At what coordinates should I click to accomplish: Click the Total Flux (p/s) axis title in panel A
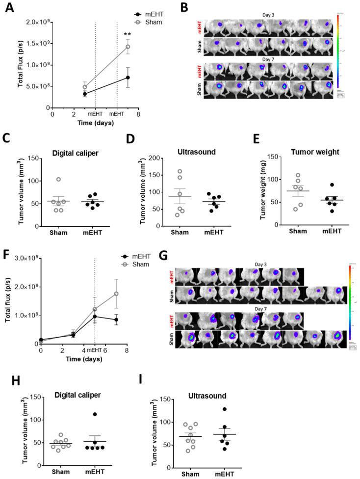tap(7, 64)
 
